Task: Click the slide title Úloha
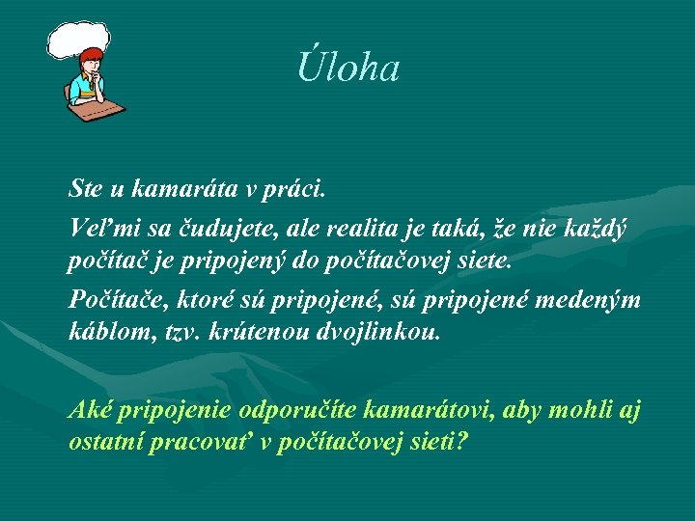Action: [347, 68]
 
